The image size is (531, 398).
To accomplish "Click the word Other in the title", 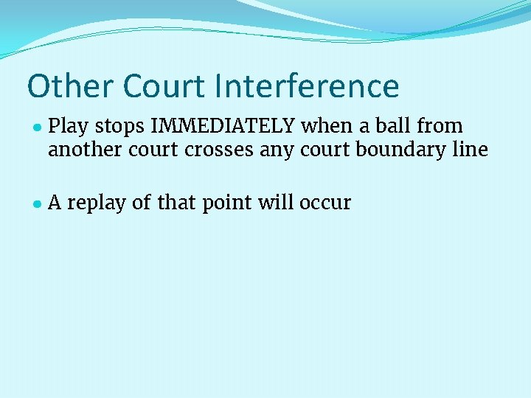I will [70, 86].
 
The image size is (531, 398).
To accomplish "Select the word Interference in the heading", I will [308, 86].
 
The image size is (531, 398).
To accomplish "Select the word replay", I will [97, 203].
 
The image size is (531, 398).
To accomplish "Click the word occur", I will [325, 203].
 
